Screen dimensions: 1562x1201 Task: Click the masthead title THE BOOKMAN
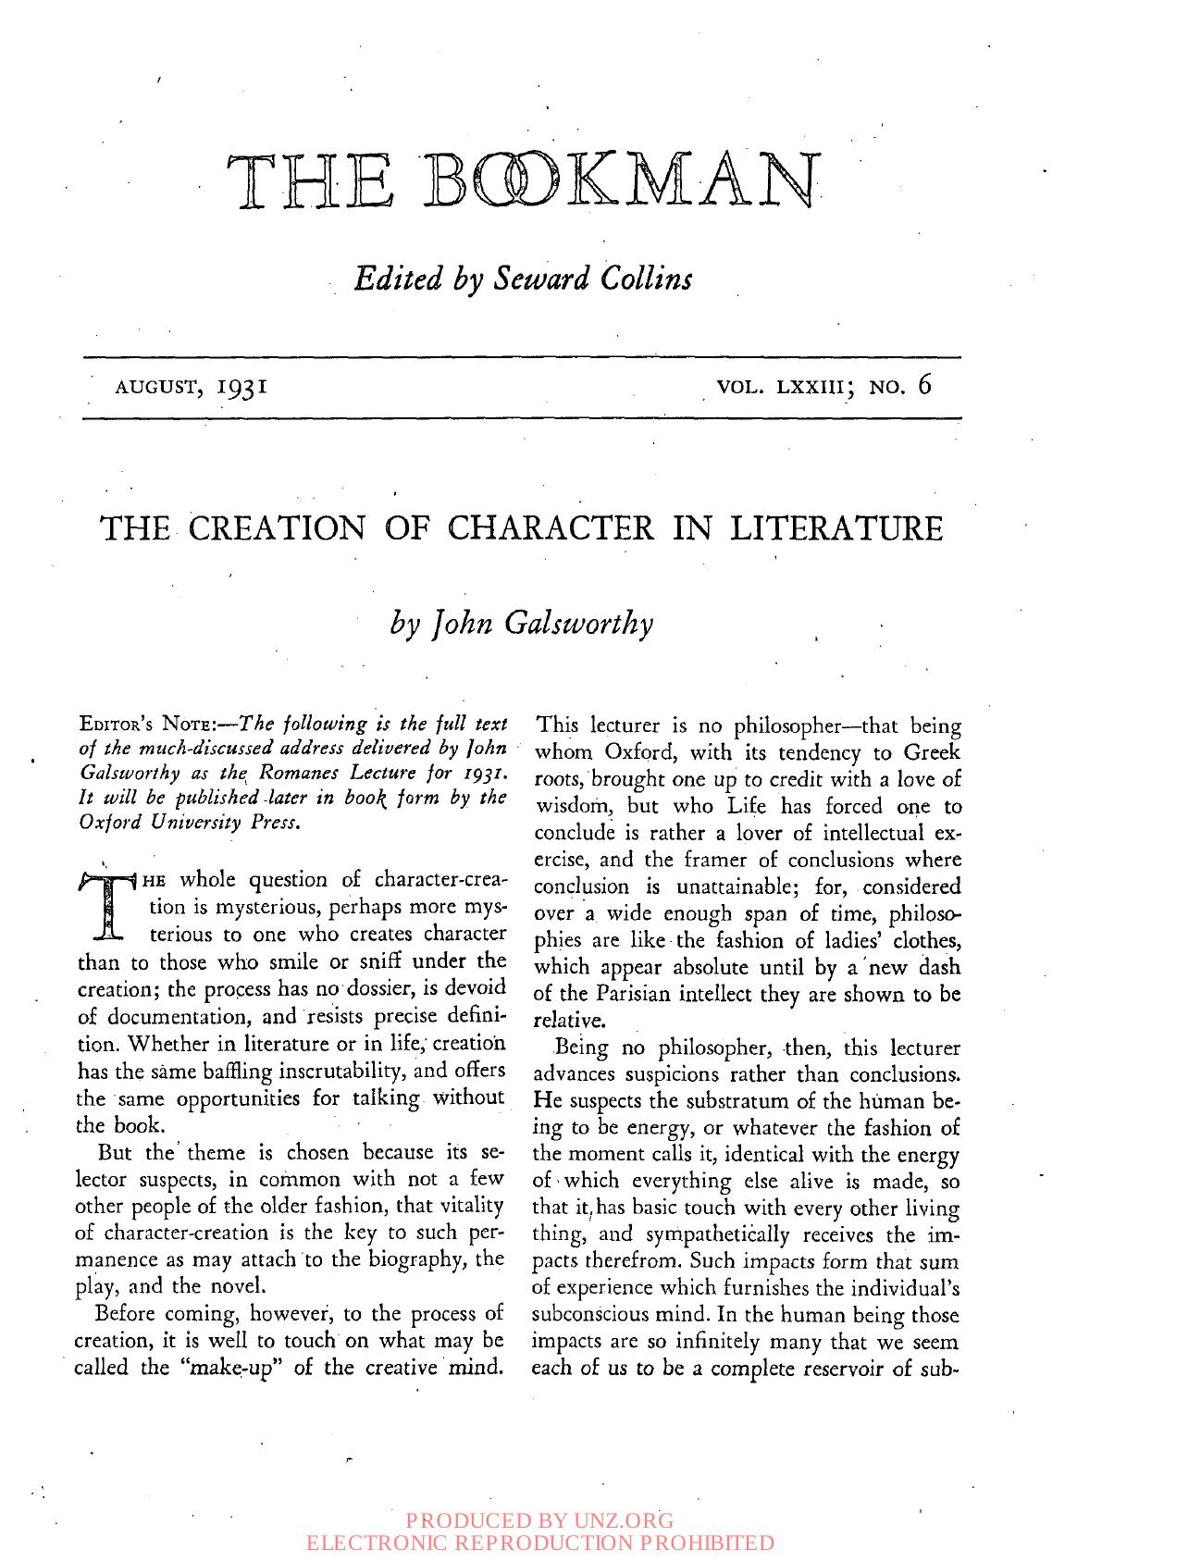tap(523, 181)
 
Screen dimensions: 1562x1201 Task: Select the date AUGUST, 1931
tap(191, 386)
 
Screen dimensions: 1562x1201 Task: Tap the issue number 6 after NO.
tap(923, 386)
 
